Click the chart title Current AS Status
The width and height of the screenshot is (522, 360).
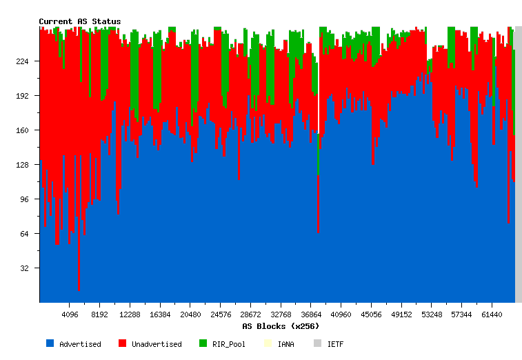click(x=79, y=21)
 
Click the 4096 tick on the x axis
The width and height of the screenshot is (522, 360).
click(x=70, y=314)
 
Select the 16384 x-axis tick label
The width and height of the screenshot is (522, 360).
click(x=160, y=314)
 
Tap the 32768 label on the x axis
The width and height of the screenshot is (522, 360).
click(x=281, y=314)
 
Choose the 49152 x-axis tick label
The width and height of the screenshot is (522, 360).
click(x=401, y=314)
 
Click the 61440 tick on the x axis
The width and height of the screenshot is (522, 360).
click(x=492, y=314)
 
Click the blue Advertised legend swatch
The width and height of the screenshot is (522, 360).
click(x=50, y=343)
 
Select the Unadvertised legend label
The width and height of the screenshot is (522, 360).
click(x=157, y=344)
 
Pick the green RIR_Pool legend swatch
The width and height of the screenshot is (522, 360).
click(x=203, y=343)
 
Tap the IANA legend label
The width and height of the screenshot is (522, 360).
click(x=285, y=344)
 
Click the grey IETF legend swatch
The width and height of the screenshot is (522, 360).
click(x=317, y=343)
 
